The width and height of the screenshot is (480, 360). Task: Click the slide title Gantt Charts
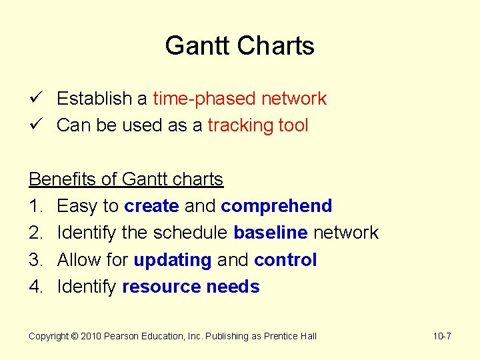239,46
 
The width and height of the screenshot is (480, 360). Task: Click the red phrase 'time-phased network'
239,99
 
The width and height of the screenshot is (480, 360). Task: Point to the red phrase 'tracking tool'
257,125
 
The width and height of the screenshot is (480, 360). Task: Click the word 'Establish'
94,99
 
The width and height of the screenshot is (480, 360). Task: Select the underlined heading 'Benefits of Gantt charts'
125,179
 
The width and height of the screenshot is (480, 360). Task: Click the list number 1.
35,207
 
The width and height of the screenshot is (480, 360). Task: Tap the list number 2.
35,233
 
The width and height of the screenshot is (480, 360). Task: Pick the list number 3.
35,260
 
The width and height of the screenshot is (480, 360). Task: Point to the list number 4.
35,287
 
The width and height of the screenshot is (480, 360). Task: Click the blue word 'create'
151,207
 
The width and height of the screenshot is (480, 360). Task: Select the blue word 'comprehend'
276,207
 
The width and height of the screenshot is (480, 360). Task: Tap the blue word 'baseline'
270,233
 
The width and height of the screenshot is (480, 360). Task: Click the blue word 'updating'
172,260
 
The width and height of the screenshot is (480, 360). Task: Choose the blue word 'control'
285,260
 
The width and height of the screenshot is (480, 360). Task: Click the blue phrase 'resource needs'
191,287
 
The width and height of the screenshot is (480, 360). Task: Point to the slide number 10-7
442,337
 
